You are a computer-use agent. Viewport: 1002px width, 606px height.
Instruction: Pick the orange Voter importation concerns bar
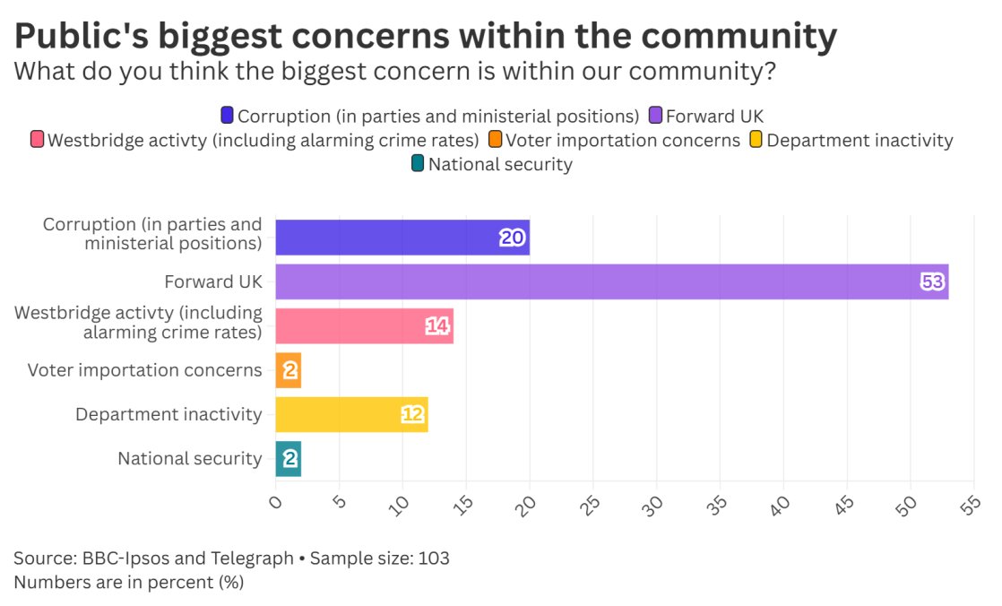[x=288, y=370]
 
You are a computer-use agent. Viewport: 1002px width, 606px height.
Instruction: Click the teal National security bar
[x=288, y=459]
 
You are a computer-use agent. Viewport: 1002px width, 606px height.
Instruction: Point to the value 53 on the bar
[x=932, y=282]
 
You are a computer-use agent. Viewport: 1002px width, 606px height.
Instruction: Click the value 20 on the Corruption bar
[x=512, y=238]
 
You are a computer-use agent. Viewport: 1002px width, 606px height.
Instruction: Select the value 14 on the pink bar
[x=437, y=326]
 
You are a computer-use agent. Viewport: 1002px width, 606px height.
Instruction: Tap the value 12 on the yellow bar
[x=412, y=415]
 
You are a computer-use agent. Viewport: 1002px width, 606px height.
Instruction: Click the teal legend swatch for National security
[x=418, y=164]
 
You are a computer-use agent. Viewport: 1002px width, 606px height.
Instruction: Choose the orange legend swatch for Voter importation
[x=495, y=140]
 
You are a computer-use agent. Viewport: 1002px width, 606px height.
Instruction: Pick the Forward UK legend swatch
[x=654, y=116]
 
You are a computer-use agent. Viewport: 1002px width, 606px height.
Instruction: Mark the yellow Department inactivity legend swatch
[x=756, y=140]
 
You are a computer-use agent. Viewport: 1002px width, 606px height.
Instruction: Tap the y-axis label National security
[x=189, y=459]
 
